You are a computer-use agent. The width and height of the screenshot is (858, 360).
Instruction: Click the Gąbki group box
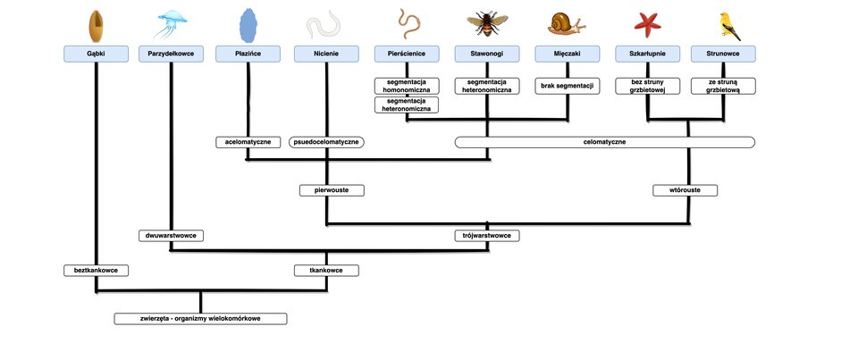tap(96, 54)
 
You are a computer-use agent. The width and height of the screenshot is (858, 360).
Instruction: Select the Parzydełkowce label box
tap(171, 54)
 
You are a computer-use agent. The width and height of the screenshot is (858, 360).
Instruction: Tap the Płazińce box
tap(248, 54)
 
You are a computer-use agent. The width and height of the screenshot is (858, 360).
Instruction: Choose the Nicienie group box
tap(326, 54)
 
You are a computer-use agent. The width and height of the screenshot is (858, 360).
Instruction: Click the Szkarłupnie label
tap(647, 54)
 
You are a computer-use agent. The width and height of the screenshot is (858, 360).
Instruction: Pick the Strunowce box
tap(723, 54)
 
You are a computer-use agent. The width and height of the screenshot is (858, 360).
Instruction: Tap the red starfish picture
tap(648, 25)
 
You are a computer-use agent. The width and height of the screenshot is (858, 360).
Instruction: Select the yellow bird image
tap(729, 26)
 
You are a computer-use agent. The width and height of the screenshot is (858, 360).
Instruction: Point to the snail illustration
tap(567, 24)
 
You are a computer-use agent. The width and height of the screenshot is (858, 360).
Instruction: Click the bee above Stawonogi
tap(487, 23)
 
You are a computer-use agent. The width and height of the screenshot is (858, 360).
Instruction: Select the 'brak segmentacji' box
tap(567, 86)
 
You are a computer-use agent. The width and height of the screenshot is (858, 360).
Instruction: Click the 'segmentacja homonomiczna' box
tap(407, 86)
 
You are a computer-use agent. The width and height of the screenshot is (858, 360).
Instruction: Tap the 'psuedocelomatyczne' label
tap(326, 142)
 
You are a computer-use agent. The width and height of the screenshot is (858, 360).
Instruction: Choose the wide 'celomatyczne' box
tap(605, 142)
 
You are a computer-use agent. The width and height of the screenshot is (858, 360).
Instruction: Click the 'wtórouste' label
tap(685, 190)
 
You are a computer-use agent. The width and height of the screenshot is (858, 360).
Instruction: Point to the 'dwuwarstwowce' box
tap(171, 236)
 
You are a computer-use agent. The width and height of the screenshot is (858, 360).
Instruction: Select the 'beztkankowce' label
tap(96, 271)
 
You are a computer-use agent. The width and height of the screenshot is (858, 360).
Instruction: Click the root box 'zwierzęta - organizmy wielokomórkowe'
tap(200, 318)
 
